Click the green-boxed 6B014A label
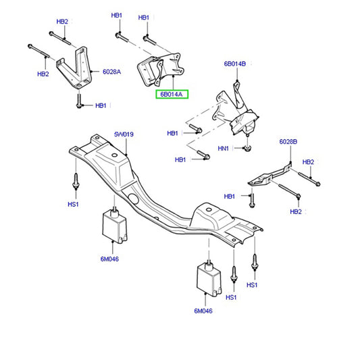172,95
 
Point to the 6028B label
289,142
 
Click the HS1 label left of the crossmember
73,204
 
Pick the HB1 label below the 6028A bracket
101,105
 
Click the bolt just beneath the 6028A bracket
80,102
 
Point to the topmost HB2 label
62,22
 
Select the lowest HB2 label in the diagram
296,211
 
